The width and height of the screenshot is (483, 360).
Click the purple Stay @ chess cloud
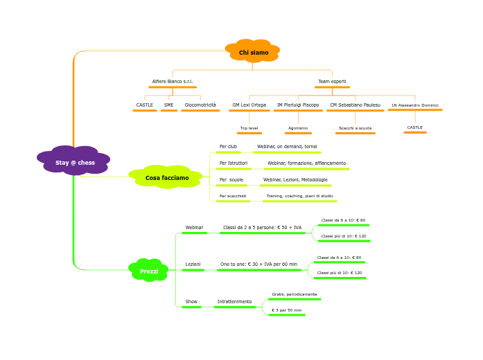click(x=74, y=162)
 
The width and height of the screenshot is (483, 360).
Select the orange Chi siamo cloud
click(x=253, y=53)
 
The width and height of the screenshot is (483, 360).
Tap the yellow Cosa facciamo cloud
click(x=166, y=178)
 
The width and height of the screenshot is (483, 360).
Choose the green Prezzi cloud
click(x=149, y=271)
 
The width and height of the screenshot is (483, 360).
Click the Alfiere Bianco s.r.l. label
click(x=173, y=82)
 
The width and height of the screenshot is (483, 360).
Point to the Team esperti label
click(x=332, y=82)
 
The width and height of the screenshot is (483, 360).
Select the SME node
click(x=169, y=105)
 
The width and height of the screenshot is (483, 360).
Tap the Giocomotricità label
click(x=200, y=105)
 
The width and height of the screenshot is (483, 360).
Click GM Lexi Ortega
click(x=249, y=105)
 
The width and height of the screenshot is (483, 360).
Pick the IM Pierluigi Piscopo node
click(x=298, y=105)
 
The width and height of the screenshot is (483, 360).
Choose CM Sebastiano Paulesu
click(x=355, y=105)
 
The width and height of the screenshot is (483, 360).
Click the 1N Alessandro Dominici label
click(x=414, y=105)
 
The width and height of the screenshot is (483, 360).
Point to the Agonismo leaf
click(x=298, y=128)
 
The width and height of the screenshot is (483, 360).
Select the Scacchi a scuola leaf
click(x=355, y=128)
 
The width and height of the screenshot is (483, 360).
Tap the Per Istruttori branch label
click(x=233, y=163)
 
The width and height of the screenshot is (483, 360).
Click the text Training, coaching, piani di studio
click(x=299, y=197)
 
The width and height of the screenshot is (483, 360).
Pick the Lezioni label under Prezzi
click(x=193, y=264)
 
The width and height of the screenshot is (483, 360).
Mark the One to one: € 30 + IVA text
click(x=258, y=264)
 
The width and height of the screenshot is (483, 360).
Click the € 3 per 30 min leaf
click(x=286, y=310)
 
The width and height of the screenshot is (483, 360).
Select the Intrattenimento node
click(x=234, y=302)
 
